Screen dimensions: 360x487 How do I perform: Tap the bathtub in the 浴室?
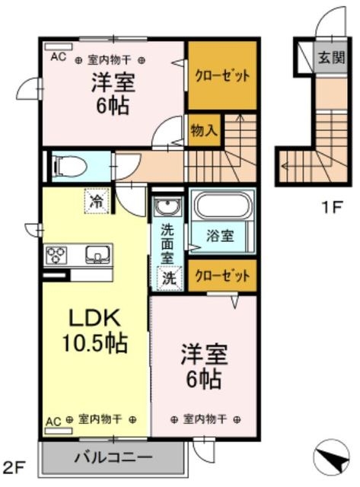[221, 206]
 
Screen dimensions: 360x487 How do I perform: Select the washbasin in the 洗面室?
[167, 206]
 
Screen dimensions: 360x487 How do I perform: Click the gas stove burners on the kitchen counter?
[56, 255]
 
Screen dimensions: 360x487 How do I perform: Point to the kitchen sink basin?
[98, 254]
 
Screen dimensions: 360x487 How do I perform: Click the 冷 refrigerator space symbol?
[97, 201]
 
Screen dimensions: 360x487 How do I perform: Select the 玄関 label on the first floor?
[331, 58]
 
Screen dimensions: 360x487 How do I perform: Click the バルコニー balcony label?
[113, 457]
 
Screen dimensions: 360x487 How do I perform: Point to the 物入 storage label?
[204, 130]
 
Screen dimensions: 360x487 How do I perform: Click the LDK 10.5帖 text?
[94, 331]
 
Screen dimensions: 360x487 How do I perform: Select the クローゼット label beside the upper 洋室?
[222, 75]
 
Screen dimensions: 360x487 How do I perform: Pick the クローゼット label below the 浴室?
[222, 275]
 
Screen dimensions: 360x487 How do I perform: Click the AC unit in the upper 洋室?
[59, 47]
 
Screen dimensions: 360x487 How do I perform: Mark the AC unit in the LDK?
[59, 431]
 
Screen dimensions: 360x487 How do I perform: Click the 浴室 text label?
[220, 236]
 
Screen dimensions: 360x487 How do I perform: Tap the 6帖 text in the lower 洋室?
[203, 379]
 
